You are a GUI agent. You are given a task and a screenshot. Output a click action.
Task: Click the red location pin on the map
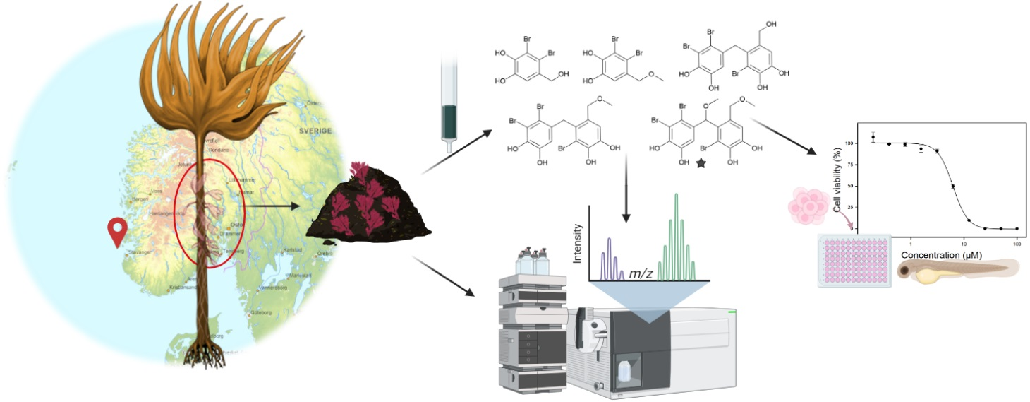[116, 230]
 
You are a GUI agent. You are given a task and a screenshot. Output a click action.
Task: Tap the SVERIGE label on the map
[315, 131]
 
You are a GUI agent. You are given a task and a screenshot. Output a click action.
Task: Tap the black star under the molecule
[701, 164]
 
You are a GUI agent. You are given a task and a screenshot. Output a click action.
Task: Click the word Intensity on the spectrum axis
[578, 243]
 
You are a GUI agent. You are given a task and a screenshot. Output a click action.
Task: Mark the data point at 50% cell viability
[953, 187]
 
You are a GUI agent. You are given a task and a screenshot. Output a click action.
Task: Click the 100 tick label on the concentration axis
[1017, 242]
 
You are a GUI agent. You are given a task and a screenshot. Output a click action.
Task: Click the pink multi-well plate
[854, 261]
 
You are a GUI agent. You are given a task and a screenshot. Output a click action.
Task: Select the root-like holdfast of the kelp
[205, 353]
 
